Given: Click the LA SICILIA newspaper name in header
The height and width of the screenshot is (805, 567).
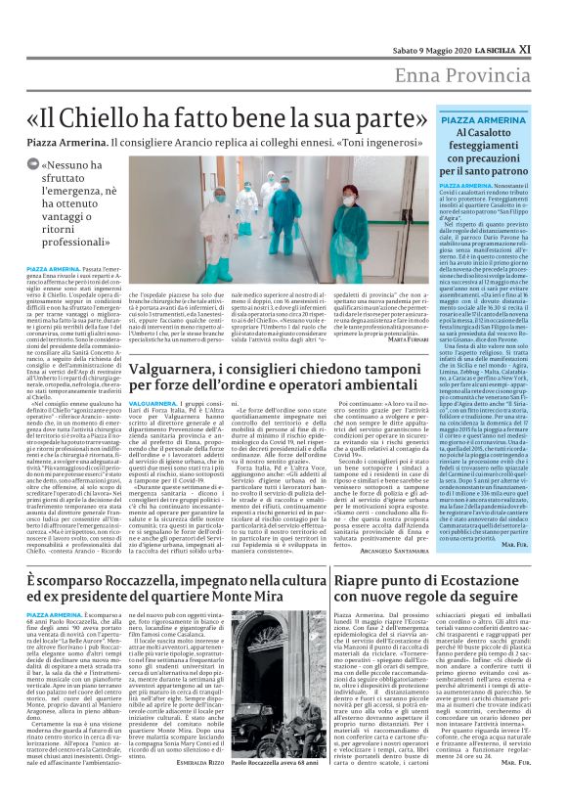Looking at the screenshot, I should (508, 19).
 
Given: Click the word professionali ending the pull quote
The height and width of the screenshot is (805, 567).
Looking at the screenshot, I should (83, 239).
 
